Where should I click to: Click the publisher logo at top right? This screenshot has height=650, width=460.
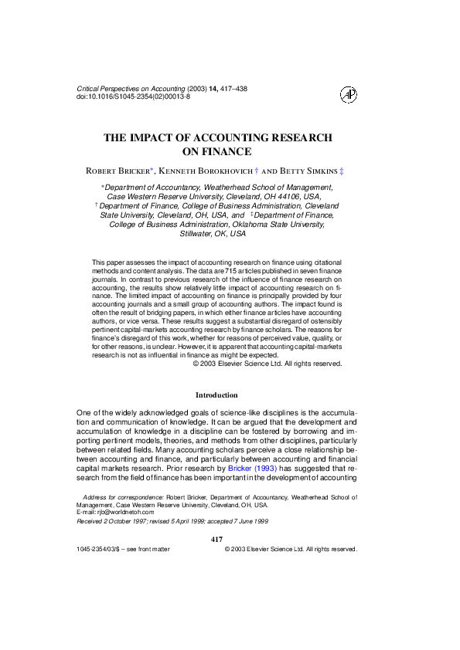click(x=349, y=94)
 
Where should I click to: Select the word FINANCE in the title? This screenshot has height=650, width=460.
click(x=229, y=152)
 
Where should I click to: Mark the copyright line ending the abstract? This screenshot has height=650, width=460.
click(x=267, y=363)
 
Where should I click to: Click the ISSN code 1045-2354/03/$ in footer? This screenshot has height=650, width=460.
click(x=105, y=549)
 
